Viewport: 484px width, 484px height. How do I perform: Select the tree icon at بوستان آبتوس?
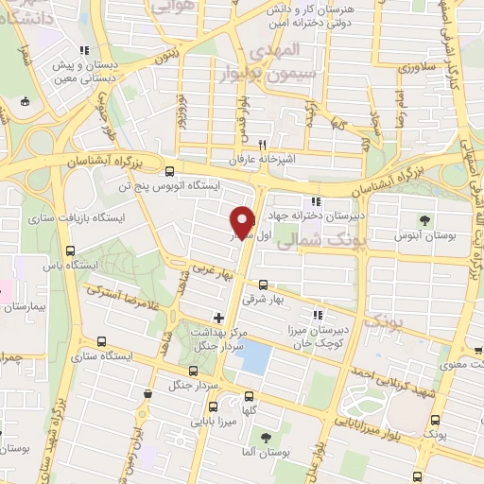point(427,219)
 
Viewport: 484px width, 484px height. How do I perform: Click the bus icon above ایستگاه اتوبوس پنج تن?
point(169,172)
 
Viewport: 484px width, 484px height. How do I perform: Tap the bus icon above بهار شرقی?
point(263,284)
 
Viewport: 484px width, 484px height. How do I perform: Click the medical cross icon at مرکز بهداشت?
point(218,317)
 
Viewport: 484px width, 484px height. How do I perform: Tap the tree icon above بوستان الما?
point(267,438)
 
